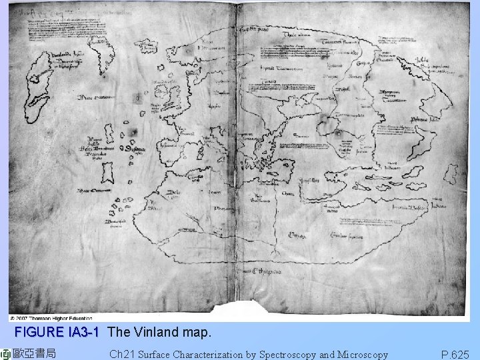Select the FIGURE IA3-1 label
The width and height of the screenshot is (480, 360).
click(x=57, y=332)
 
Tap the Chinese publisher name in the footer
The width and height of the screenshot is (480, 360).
click(x=33, y=353)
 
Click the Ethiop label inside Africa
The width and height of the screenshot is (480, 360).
click(x=297, y=234)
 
